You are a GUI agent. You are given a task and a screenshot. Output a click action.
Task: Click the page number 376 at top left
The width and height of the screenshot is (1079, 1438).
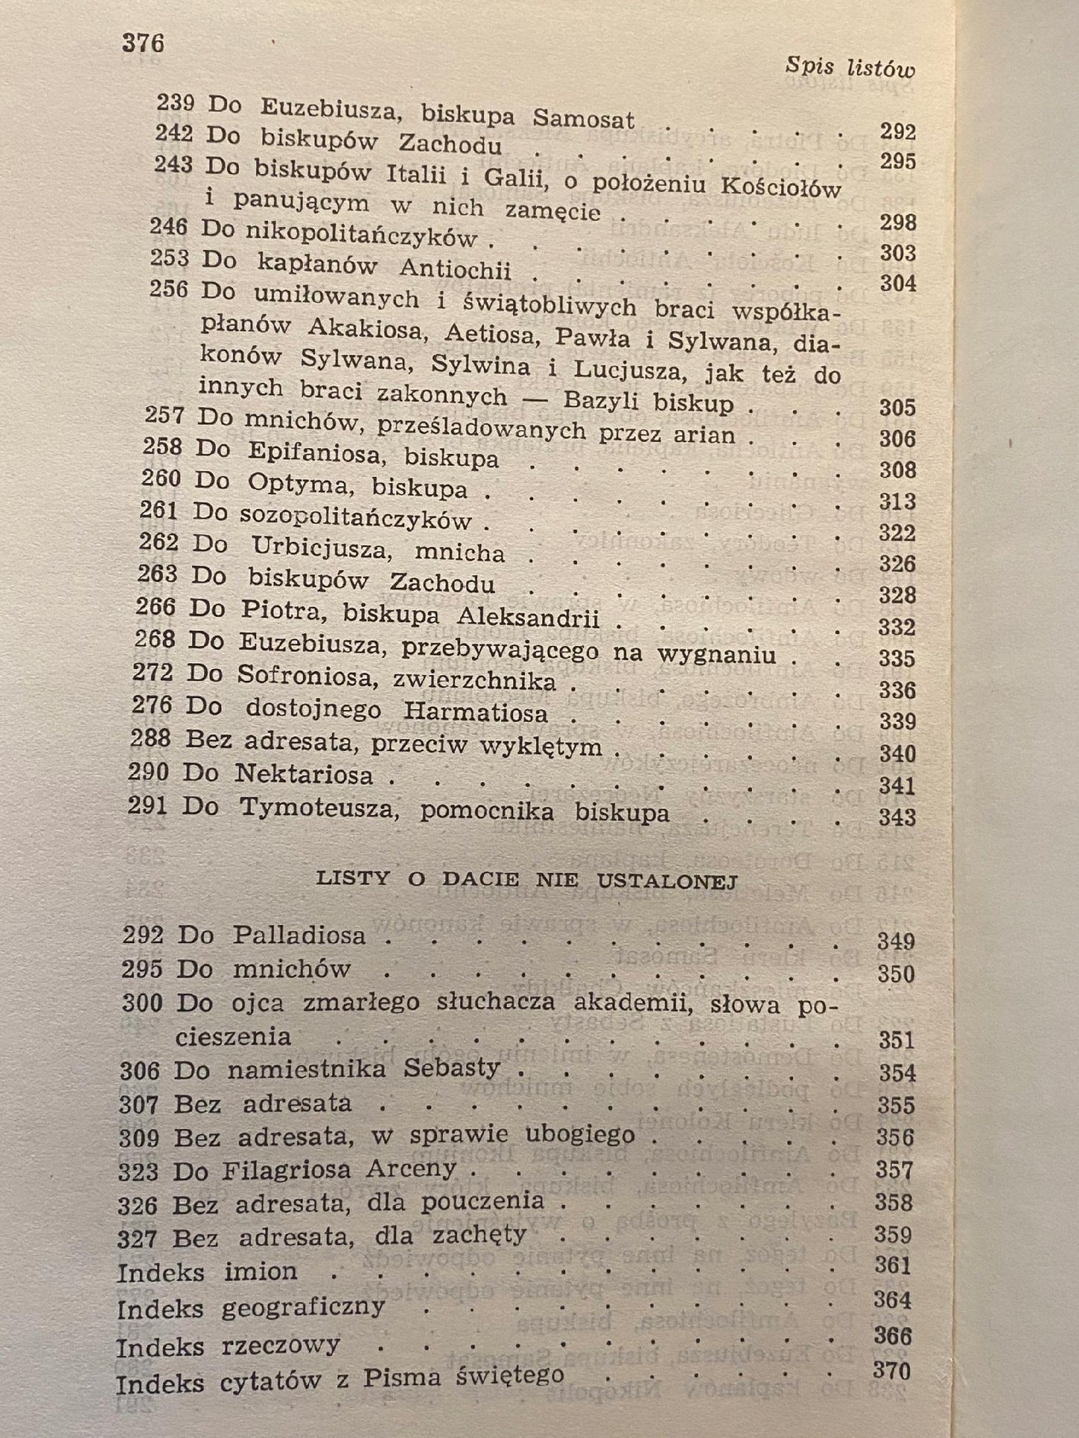143,44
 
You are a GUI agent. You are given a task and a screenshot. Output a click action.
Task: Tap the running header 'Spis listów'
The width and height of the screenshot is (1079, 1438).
850,68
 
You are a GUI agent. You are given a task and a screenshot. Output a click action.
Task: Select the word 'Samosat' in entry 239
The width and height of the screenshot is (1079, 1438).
583,118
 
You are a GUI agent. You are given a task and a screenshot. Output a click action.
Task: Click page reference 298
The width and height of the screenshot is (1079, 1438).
898,222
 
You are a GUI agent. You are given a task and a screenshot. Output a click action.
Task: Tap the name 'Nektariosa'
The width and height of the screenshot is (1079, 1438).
304,774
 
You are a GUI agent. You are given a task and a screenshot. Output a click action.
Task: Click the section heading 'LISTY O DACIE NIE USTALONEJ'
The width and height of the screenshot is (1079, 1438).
527,880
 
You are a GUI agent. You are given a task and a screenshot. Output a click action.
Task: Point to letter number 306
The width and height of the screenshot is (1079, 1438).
140,1070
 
